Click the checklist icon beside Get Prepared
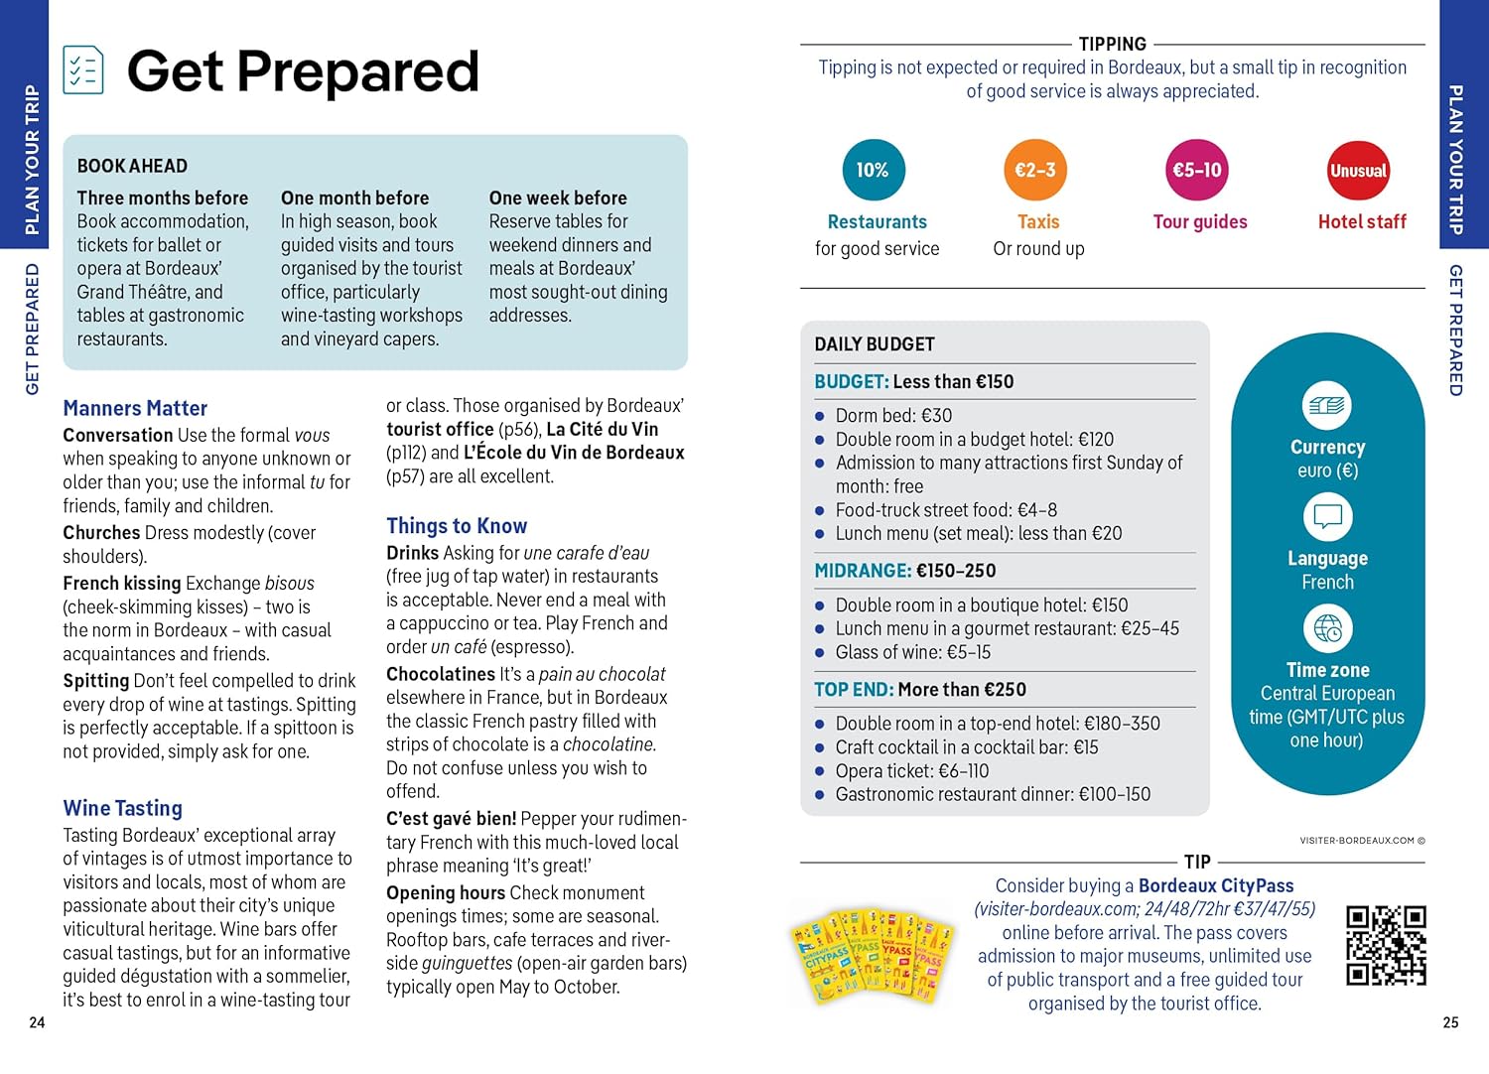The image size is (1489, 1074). tap(83, 69)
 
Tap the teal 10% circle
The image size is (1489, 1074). tap(872, 170)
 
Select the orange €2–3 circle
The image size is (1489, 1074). tap(1034, 170)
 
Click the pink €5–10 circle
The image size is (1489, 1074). tap(1197, 170)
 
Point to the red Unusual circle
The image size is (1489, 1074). tap(1358, 171)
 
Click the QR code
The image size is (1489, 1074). tap(1386, 945)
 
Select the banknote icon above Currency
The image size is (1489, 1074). tap(1327, 405)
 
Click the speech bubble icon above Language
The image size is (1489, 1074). tap(1327, 516)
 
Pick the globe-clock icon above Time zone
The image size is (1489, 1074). tap(1327, 628)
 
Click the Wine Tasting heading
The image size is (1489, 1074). tap(123, 808)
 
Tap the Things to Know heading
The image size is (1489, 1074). tap(457, 526)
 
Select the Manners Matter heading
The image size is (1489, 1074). tap(135, 408)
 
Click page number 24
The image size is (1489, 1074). tap(37, 1022)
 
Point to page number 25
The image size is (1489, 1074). tap(1450, 1022)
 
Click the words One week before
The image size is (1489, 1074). tap(558, 198)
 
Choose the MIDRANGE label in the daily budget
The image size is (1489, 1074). tap(862, 571)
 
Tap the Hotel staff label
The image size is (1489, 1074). tap(1362, 222)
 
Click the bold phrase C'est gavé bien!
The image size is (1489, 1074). tap(451, 819)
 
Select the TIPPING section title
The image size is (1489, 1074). tap(1112, 44)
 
